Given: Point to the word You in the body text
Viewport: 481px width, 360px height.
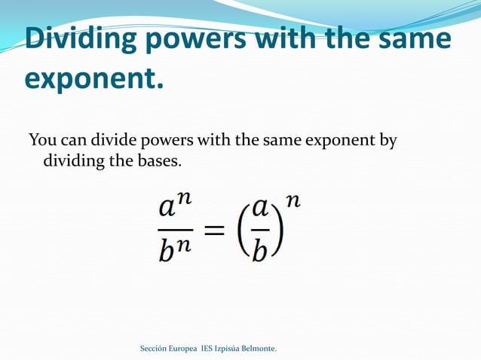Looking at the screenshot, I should tap(41, 141).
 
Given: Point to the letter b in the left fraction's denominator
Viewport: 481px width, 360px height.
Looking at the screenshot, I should tap(167, 249).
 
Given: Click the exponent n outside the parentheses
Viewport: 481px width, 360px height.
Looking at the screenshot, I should tap(294, 201).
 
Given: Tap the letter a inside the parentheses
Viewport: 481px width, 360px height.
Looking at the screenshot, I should tap(260, 209).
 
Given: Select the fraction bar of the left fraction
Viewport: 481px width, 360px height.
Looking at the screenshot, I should tap(176, 230).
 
